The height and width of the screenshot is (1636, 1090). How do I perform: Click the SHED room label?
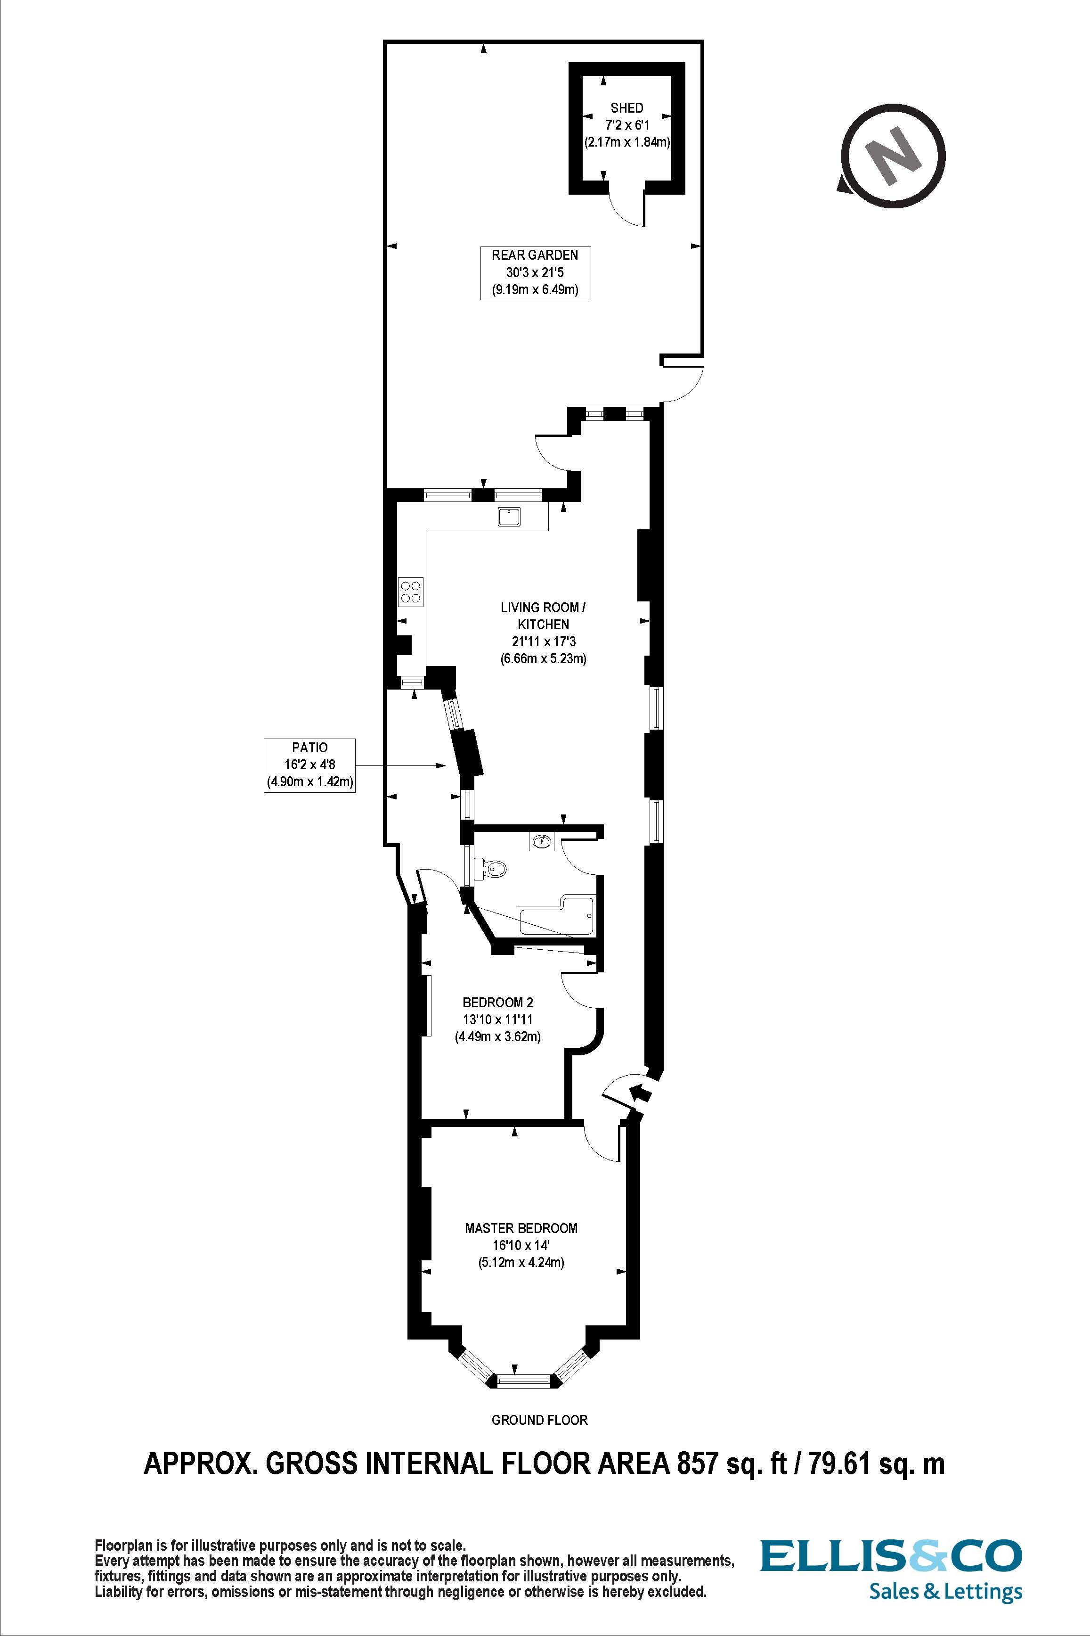(x=626, y=108)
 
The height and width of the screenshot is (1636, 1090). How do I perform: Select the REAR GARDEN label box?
(x=535, y=272)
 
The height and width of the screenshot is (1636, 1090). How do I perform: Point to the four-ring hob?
(x=410, y=591)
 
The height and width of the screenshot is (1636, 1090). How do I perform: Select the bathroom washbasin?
(x=542, y=842)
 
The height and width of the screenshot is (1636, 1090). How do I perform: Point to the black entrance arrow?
(x=641, y=1094)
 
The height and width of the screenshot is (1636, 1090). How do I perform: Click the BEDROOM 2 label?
(x=498, y=1003)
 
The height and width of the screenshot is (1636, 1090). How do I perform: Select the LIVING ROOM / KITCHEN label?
(x=543, y=616)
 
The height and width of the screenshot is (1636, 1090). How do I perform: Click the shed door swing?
(x=626, y=206)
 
